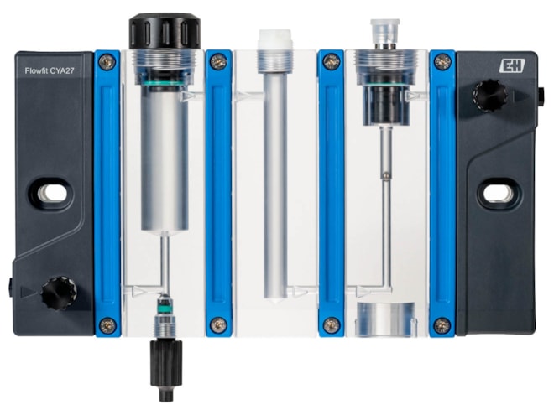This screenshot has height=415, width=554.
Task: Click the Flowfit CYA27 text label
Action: click(x=50, y=70)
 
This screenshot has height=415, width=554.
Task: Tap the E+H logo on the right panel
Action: click(x=512, y=66)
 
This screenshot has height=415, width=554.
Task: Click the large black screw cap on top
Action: click(x=165, y=31)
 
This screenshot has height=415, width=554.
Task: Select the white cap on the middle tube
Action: click(x=275, y=39)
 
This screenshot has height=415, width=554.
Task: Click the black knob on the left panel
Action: click(x=59, y=293)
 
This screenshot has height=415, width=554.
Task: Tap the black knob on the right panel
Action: click(x=490, y=96)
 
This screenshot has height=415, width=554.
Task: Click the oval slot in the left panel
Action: click(x=51, y=195)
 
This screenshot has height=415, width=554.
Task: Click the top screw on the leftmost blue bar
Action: click(x=107, y=63)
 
